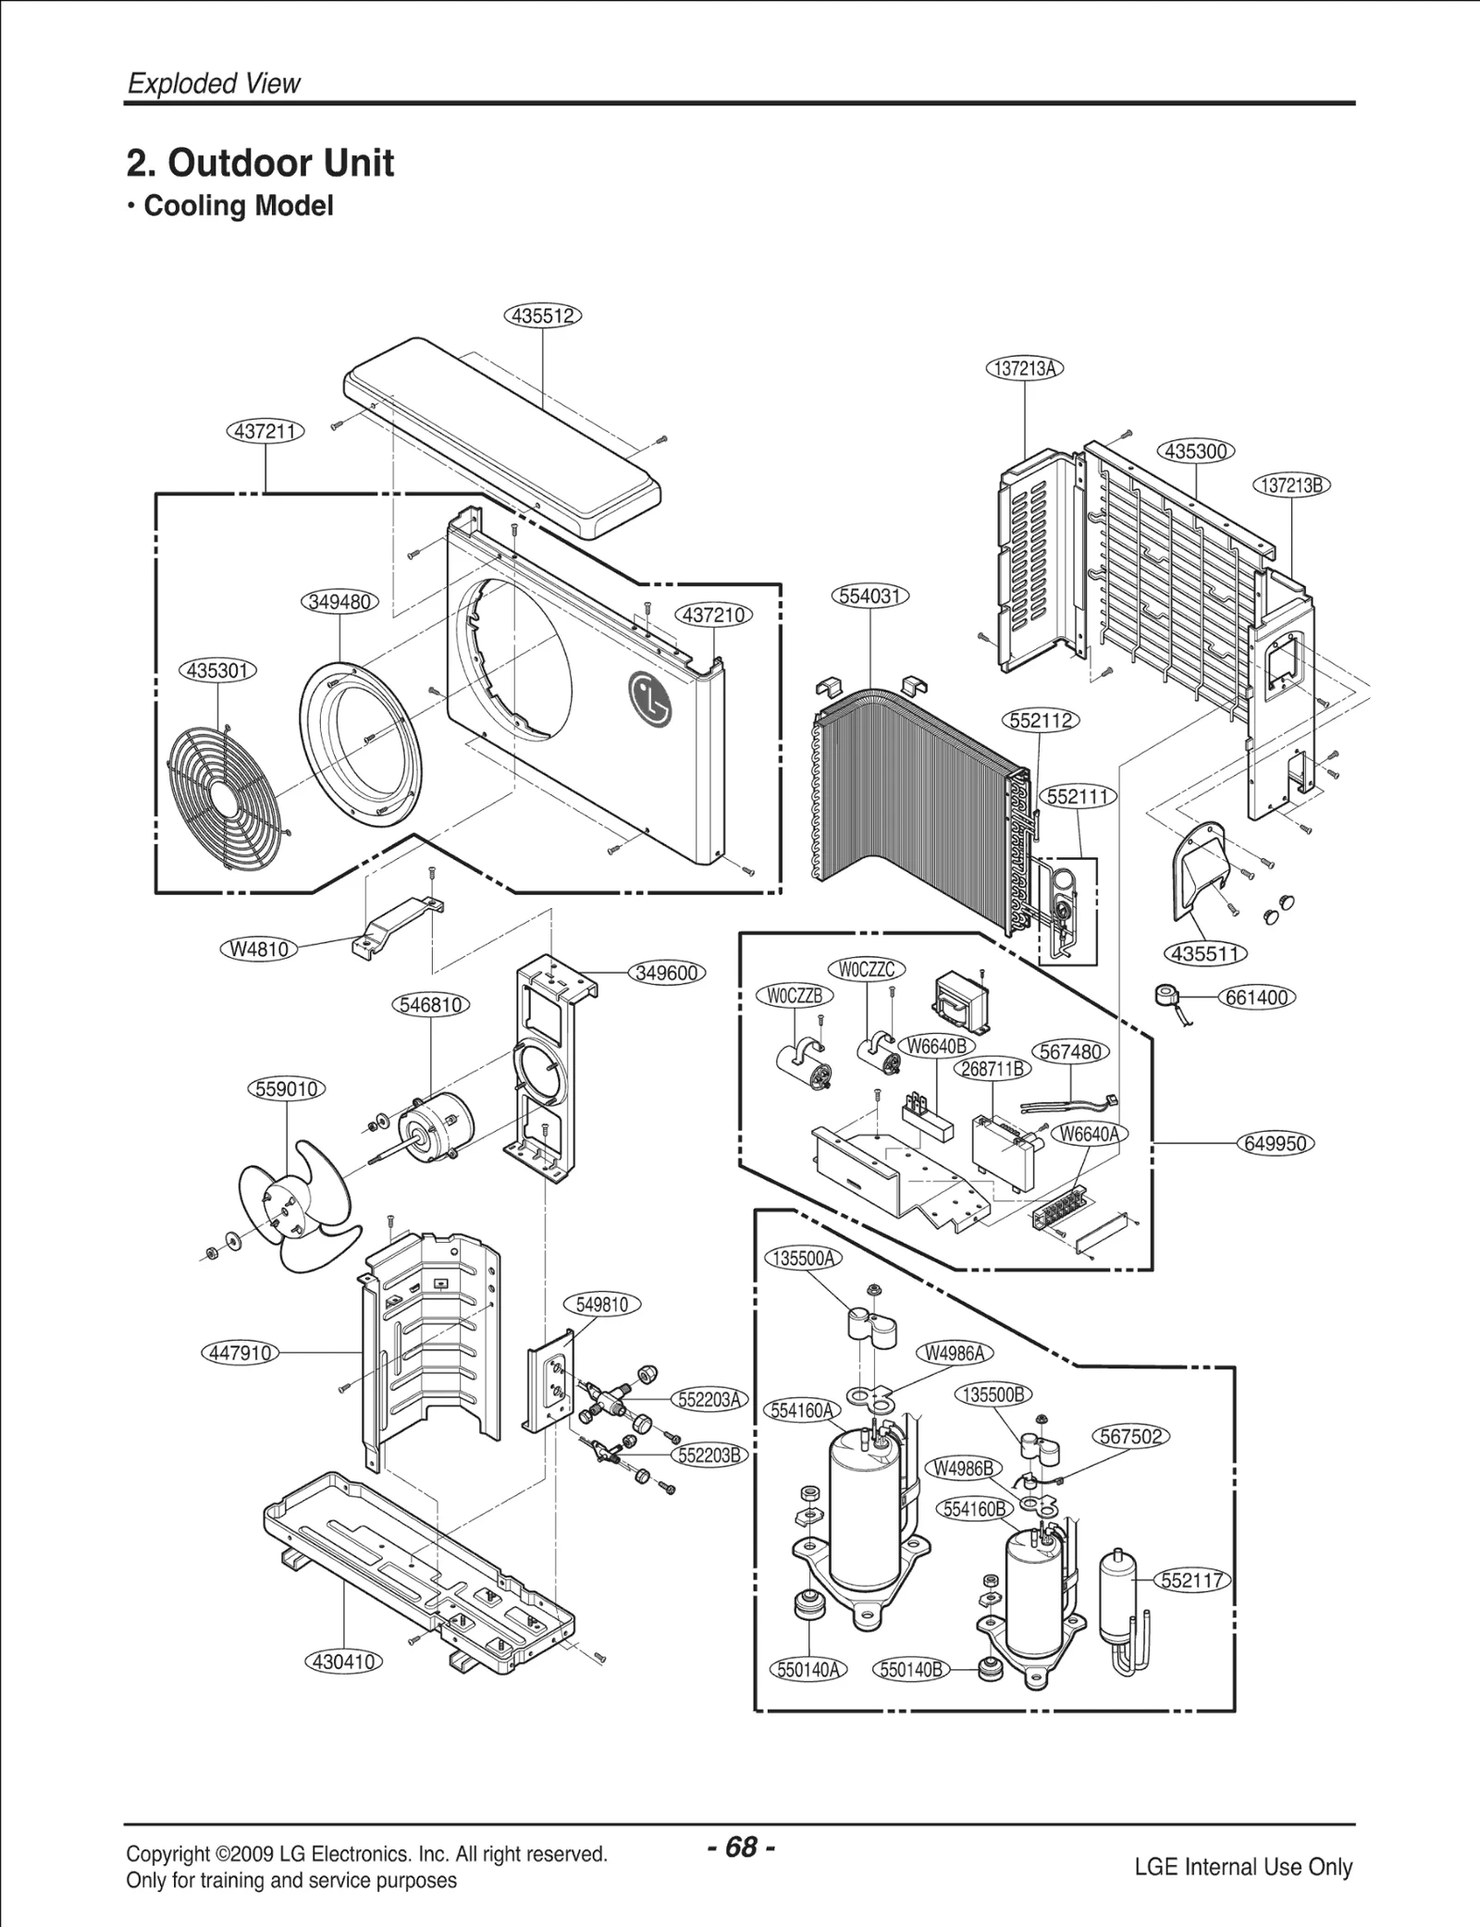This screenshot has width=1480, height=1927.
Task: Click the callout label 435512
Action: coord(543,315)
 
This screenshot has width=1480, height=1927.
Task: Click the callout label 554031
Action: coord(870,596)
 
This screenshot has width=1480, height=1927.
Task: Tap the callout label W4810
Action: coord(259,949)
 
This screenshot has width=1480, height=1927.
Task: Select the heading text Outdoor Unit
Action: coord(280,164)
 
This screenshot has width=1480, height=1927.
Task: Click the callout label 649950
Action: coord(1276,1144)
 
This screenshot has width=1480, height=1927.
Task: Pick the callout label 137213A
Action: coord(1024,368)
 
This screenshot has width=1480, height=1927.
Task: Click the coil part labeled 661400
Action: coord(1167,999)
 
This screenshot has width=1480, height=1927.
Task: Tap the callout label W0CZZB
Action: coord(795,996)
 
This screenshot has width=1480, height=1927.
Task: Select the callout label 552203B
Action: coord(709,1455)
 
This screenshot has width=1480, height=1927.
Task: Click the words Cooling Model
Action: coord(238,205)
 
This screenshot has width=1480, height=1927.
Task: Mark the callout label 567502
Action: coord(1131,1436)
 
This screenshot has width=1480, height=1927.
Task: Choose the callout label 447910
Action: coord(240,1353)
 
